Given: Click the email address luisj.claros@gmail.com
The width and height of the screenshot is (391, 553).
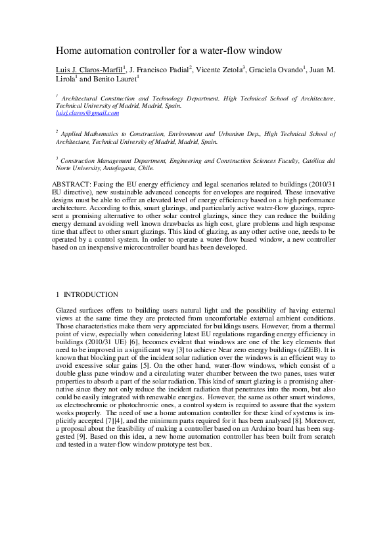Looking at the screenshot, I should tap(87, 113).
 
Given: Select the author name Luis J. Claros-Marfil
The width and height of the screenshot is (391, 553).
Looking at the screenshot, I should tap(89, 69).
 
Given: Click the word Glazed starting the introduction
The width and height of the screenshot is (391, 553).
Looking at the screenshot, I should tap(67, 309).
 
